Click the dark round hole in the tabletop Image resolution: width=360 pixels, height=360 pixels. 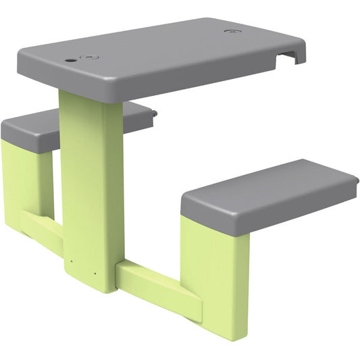(71, 59)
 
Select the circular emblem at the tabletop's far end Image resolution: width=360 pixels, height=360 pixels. (231, 31)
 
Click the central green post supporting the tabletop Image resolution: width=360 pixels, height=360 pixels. (93, 182)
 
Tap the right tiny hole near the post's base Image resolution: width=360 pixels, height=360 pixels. (95, 274)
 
